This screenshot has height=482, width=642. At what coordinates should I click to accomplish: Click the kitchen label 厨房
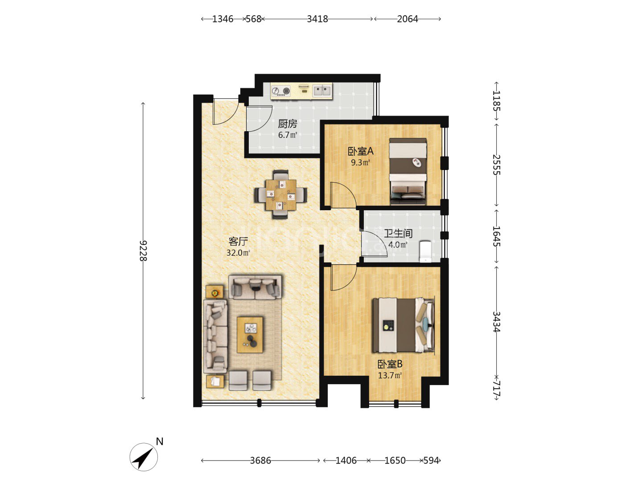click(x=287, y=124)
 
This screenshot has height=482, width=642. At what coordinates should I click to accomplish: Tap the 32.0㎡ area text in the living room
click(x=238, y=253)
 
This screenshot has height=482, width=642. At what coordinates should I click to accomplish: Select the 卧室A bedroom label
click(x=360, y=151)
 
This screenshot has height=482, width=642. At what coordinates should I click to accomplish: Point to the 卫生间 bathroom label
click(x=398, y=233)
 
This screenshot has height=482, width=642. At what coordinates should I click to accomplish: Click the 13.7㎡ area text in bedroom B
click(x=390, y=375)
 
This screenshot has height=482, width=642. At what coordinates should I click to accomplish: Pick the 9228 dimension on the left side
click(x=143, y=251)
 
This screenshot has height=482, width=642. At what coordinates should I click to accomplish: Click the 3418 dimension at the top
click(x=317, y=19)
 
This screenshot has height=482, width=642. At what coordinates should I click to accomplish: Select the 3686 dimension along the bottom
click(x=260, y=461)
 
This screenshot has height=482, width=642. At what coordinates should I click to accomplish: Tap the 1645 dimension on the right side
click(x=496, y=236)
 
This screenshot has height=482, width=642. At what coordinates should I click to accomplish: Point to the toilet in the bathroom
click(x=425, y=251)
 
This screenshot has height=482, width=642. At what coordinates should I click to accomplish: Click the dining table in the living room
click(x=281, y=195)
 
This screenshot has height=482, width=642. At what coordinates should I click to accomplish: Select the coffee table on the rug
click(x=250, y=335)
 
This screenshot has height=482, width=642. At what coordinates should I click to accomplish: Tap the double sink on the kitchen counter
click(x=322, y=91)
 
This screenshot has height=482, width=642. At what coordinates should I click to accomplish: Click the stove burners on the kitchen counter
click(x=281, y=91)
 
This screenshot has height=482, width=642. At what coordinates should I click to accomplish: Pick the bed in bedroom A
click(x=407, y=171)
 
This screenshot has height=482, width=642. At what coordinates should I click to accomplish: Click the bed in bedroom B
click(x=403, y=325)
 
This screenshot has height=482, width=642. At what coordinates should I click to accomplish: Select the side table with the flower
click(x=215, y=292)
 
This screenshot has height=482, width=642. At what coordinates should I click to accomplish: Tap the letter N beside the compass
click(x=160, y=442)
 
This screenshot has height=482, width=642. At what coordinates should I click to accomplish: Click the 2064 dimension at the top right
click(x=407, y=19)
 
